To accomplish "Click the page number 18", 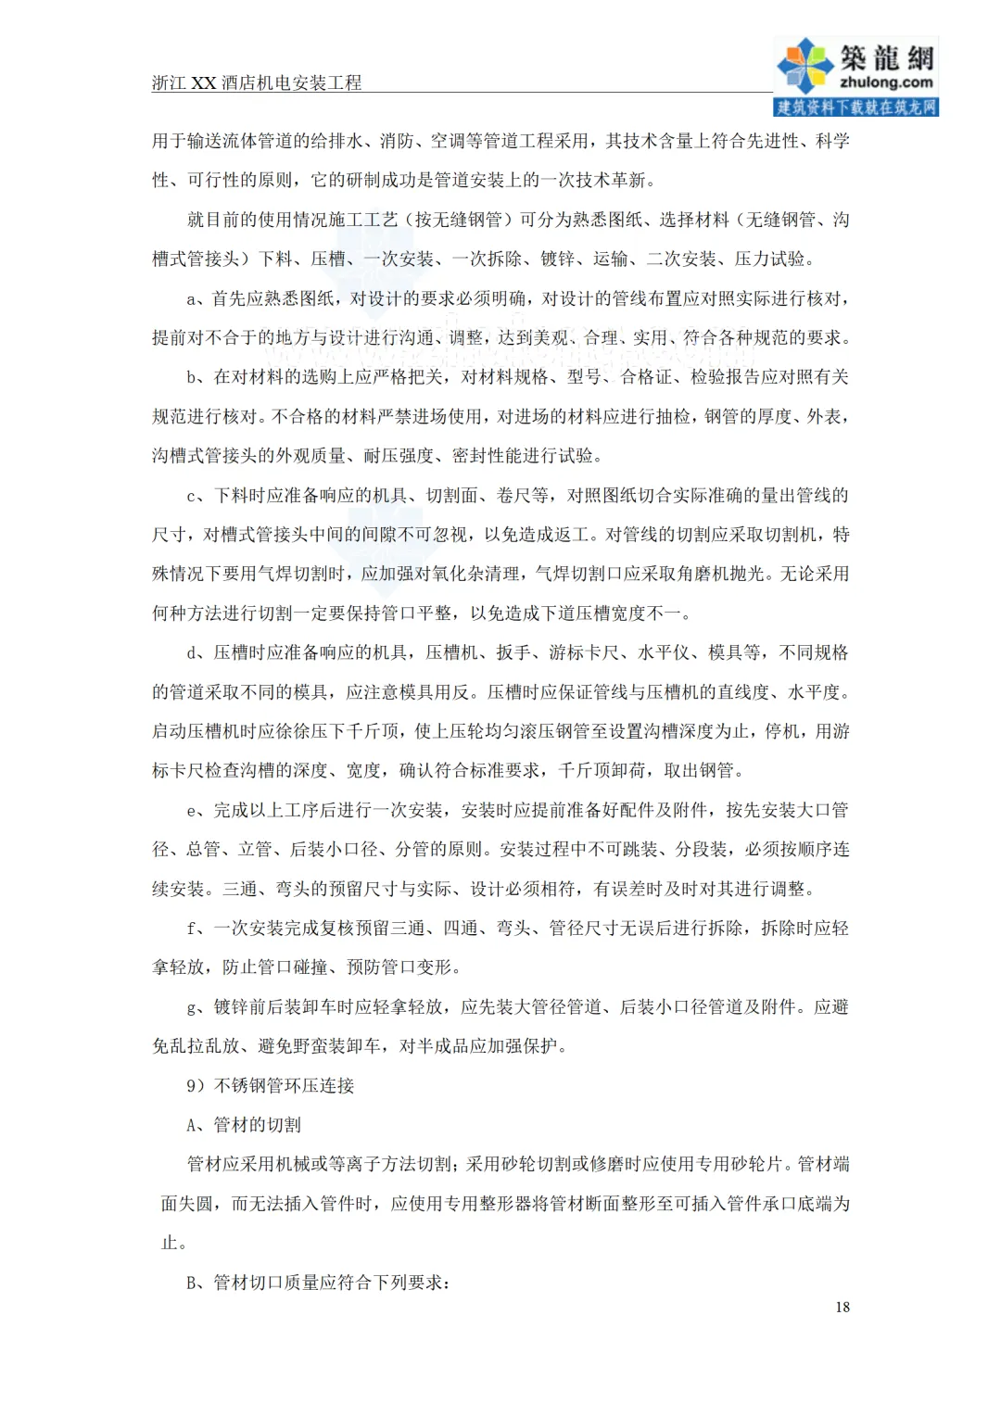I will pos(842,1307).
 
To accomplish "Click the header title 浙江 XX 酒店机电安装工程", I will pos(257,82).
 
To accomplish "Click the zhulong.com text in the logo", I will pos(886,82).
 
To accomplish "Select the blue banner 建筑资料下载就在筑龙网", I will pos(855,107).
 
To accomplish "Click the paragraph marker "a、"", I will pos(196,298).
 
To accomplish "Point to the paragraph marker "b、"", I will pos(197,377).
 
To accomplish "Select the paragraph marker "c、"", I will pos(197,496).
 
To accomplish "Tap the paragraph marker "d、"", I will pos(197,653).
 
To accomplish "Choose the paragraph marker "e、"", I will pos(197,811).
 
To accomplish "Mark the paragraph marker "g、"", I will pos(197,1007).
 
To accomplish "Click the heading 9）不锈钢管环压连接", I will pos(270,1085).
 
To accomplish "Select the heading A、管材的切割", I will pos(244,1125).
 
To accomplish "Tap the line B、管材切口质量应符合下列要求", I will pos(318,1283).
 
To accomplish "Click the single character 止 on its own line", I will pos(170,1243).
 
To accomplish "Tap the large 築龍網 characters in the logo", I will pos(887,57).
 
